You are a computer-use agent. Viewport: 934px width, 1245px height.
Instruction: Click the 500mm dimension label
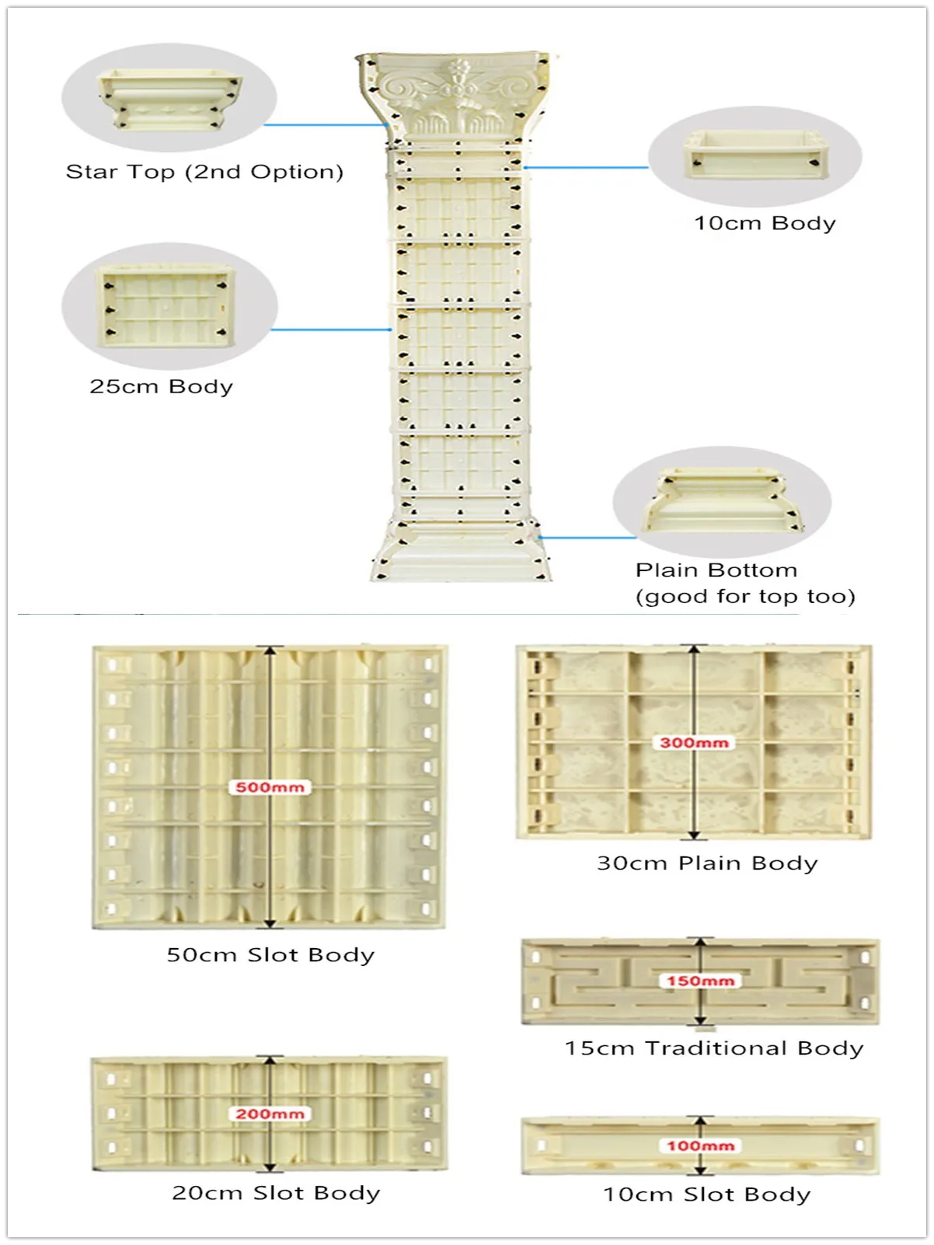[270, 787]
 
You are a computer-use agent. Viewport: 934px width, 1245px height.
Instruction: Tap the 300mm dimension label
[694, 743]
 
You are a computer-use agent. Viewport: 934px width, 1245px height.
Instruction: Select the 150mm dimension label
[700, 981]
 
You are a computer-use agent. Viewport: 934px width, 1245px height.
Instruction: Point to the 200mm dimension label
[270, 1114]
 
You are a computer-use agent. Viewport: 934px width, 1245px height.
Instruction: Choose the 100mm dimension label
[700, 1146]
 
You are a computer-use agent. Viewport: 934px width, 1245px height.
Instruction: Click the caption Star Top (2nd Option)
[204, 172]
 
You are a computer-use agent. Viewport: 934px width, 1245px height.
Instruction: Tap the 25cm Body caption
[161, 386]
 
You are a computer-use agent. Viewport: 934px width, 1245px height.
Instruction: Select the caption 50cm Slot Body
[270, 955]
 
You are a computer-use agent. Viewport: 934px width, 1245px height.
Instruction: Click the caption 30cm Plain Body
[707, 863]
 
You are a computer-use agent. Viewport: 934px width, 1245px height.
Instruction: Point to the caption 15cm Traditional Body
[714, 1048]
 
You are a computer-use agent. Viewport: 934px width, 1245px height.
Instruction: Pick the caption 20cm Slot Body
[276, 1193]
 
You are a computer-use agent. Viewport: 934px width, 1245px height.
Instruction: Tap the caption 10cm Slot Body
[707, 1194]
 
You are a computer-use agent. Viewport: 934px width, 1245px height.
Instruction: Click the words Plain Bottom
[716, 570]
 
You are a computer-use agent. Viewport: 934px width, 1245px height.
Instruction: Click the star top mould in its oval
[169, 99]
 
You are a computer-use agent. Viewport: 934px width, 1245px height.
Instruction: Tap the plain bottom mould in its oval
[720, 501]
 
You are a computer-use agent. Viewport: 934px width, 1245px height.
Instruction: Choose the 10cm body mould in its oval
[755, 154]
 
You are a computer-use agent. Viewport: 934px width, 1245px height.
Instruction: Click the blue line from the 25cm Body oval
[330, 330]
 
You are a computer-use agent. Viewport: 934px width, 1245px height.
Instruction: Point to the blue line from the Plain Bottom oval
[588, 537]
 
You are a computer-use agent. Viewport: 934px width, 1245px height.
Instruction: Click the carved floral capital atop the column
[457, 97]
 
